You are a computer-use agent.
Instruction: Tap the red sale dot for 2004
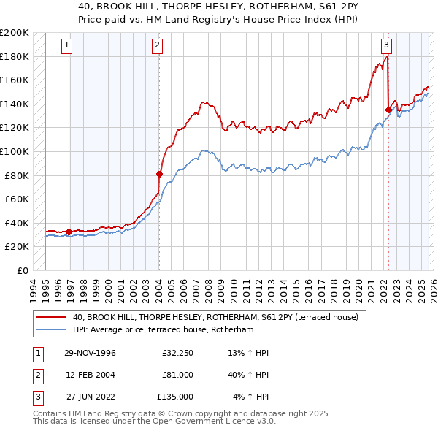(x=159, y=174)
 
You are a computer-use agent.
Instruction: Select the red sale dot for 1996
(x=69, y=232)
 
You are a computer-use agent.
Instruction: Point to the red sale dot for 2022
(x=388, y=110)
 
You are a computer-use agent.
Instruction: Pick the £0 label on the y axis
(x=22, y=270)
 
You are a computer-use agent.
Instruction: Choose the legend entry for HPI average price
(x=162, y=330)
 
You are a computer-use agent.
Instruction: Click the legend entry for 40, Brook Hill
(x=215, y=318)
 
